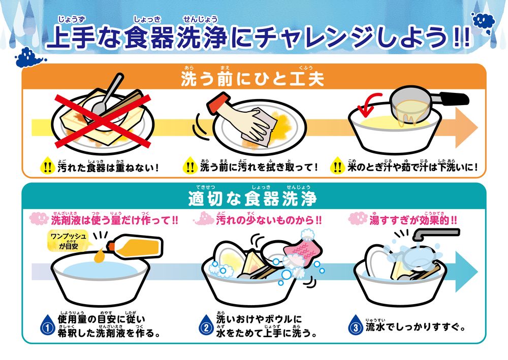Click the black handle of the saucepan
453,99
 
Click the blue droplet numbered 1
48,325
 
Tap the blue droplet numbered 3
356,325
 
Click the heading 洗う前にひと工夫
252,79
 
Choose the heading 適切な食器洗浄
252,199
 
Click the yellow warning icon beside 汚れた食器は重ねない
47,166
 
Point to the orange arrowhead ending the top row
465,127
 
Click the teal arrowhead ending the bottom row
465,271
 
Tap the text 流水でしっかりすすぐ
416,327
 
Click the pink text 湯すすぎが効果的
413,220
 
